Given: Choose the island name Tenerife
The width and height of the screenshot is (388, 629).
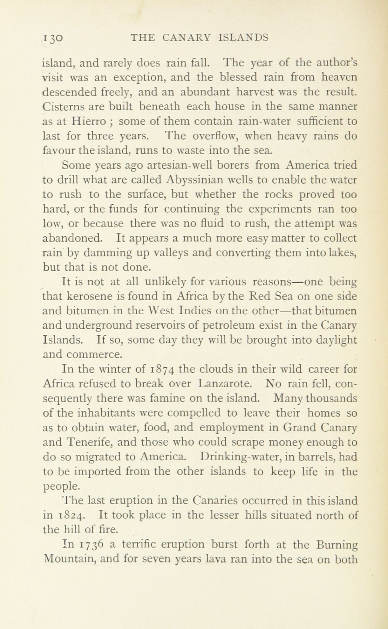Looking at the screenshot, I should coord(89,442).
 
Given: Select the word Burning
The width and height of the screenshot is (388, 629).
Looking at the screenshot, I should coord(337,545).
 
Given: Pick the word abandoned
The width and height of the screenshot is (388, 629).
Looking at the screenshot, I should coord(72,238).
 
